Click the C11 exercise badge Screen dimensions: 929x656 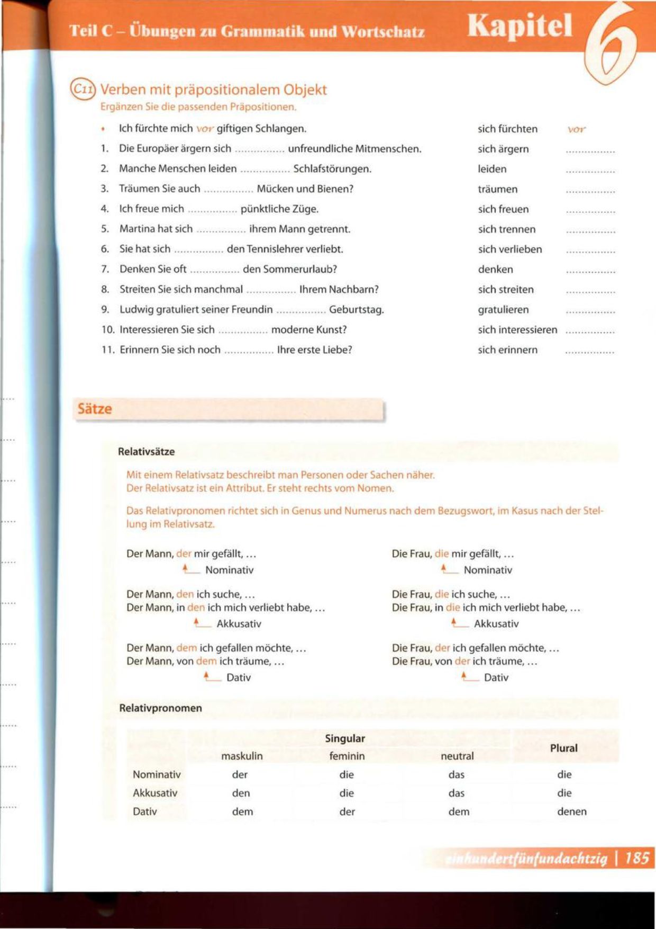click(x=83, y=89)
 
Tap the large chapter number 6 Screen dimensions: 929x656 click(x=612, y=42)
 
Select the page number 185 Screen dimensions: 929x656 click(x=637, y=858)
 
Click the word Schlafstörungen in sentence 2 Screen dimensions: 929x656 click(x=332, y=169)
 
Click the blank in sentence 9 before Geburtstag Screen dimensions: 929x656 click(x=300, y=310)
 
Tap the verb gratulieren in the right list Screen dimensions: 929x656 click(x=503, y=310)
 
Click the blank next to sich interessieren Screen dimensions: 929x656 click(x=590, y=331)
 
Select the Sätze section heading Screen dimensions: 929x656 click(x=95, y=409)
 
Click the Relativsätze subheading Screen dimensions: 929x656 click(x=146, y=452)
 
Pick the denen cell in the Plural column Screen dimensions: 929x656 click(x=571, y=811)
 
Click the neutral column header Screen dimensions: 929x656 click(x=457, y=756)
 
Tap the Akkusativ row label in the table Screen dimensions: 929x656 click(x=155, y=793)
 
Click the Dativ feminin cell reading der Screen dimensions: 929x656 click(x=347, y=811)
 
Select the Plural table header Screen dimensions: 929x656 click(x=563, y=748)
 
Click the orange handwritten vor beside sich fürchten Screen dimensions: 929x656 click(x=576, y=129)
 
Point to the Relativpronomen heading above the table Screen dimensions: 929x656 click(x=160, y=708)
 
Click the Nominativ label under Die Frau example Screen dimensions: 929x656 click(x=488, y=570)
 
